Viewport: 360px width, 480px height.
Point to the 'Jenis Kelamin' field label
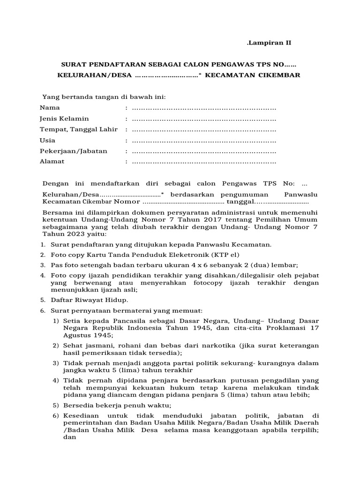tap(64, 119)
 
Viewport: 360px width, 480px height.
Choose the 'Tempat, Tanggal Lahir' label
tap(80, 129)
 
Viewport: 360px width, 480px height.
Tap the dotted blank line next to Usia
tap(204, 141)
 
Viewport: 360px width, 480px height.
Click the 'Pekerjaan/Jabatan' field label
tap(74, 151)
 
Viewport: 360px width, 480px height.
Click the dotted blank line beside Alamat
tap(204, 162)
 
